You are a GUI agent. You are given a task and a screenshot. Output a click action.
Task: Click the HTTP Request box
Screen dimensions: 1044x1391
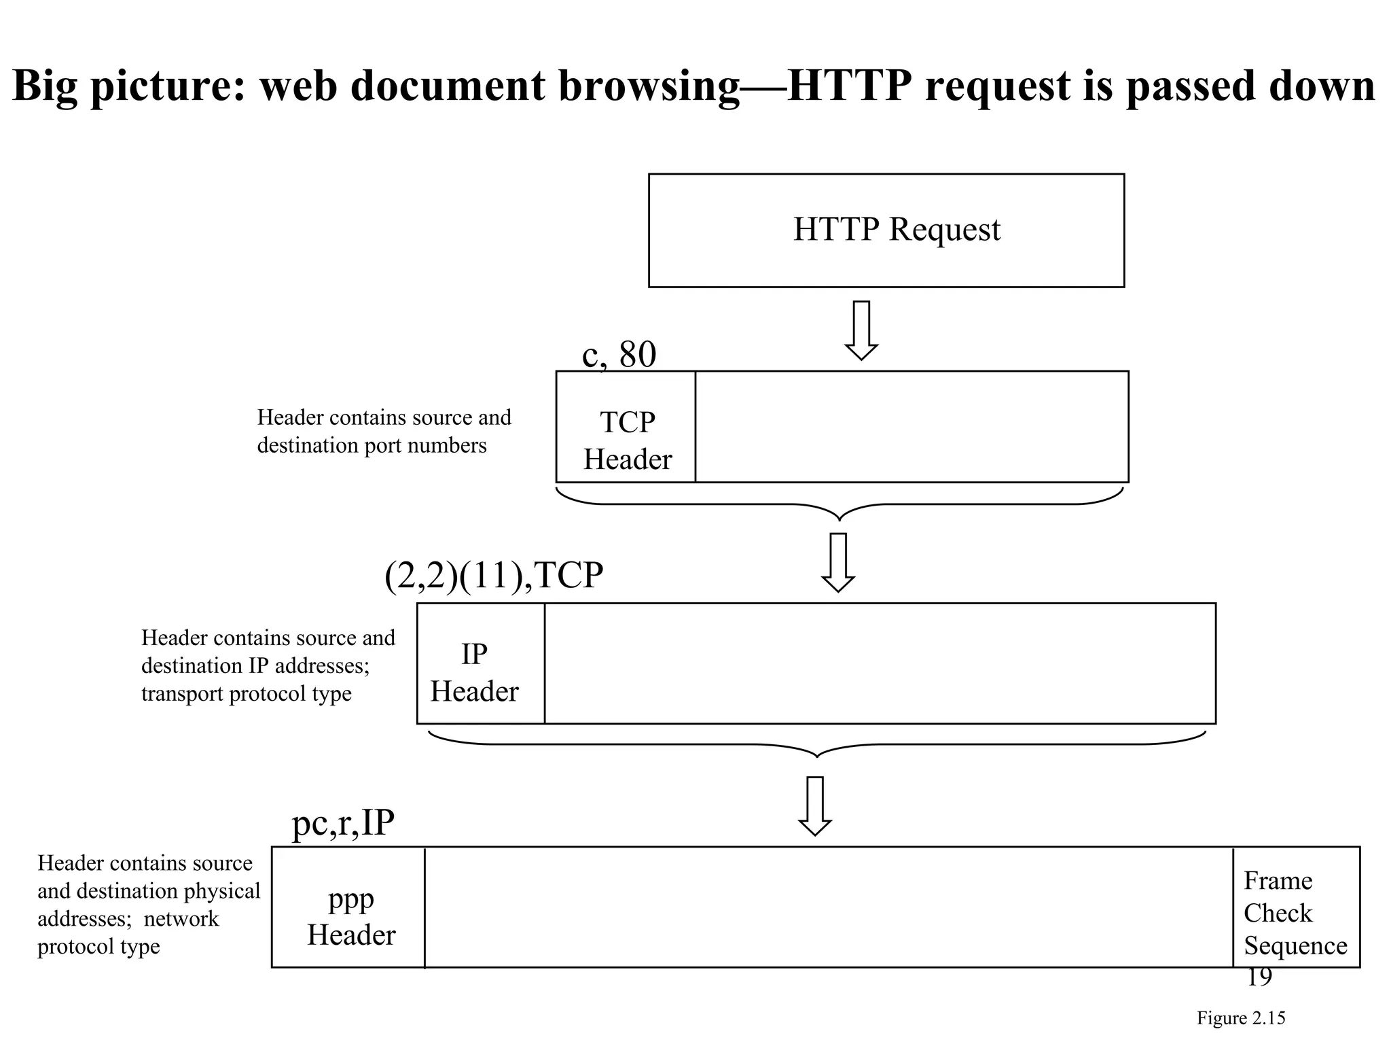click(886, 230)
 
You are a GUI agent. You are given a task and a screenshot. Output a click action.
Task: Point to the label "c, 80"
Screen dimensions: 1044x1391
click(619, 354)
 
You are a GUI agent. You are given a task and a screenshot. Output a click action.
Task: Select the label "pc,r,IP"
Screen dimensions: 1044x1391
click(343, 823)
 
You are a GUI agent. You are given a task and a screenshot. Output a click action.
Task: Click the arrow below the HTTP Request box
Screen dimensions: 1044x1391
click(861, 330)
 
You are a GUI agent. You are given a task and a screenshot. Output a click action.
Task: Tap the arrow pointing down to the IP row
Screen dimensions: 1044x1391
click(838, 562)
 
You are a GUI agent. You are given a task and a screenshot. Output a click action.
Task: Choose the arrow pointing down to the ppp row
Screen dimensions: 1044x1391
click(815, 805)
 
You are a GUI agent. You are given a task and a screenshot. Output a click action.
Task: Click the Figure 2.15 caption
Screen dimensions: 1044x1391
click(1240, 1018)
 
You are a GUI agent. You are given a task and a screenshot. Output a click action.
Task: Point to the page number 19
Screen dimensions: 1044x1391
click(1259, 977)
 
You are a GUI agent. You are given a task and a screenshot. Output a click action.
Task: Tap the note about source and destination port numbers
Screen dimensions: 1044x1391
click(383, 432)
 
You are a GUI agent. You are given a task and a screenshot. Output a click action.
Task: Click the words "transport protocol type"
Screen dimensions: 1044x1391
click(247, 694)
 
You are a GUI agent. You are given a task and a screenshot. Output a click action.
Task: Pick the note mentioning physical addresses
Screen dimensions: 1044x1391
click(148, 905)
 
